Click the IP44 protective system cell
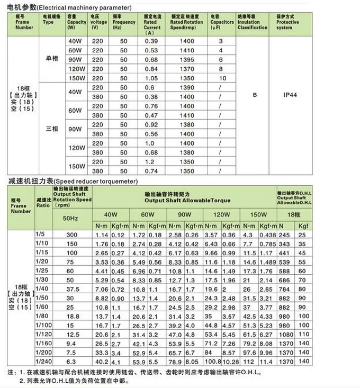coord(291,95)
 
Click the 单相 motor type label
coord(52,59)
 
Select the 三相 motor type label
coord(52,129)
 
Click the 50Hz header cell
coord(72,218)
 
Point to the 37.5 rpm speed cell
coord(72,290)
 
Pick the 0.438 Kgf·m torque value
coord(268,234)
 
